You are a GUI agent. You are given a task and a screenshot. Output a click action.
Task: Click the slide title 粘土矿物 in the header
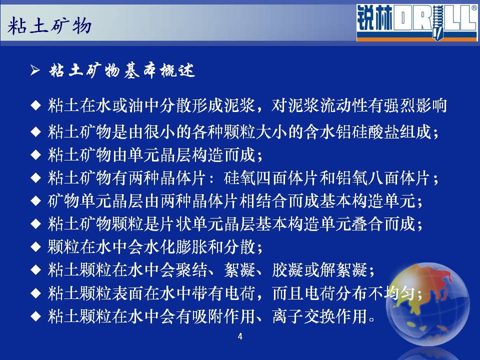coord(49,25)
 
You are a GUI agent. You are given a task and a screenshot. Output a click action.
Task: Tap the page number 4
coord(240,336)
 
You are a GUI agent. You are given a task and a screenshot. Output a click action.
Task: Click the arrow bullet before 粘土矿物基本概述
coord(35,70)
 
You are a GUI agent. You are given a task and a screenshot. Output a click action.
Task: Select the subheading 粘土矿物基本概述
coord(122,70)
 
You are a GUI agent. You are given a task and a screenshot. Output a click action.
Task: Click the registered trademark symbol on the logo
coord(474,8)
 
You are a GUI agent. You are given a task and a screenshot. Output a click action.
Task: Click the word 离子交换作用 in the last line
coord(319,316)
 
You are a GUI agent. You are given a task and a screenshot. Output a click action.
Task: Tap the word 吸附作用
coord(223,316)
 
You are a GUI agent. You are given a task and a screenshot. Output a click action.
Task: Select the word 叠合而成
coord(383,224)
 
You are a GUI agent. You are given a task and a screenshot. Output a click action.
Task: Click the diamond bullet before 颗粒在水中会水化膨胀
coord(36,246)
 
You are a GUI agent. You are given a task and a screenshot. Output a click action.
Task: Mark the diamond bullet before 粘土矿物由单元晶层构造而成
coord(36,155)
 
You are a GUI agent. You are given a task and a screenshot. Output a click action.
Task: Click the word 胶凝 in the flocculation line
coord(288,270)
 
